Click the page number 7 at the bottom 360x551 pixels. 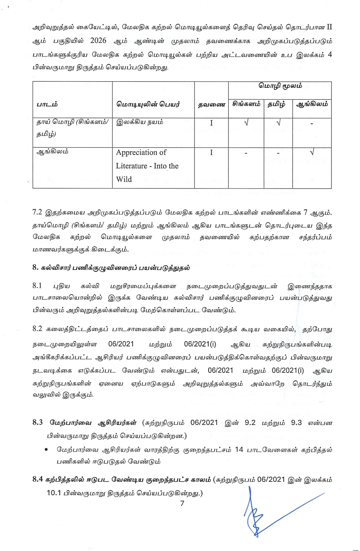point(182,503)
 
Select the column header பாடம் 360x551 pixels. point(47,104)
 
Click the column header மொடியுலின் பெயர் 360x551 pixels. point(148,104)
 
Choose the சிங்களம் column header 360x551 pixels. point(246,104)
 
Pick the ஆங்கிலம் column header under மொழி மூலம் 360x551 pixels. point(312,104)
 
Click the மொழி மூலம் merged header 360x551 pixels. point(280,86)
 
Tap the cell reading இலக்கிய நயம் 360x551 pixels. point(140,122)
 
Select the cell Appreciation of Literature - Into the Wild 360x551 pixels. point(147,166)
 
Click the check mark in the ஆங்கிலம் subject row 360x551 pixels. point(312,152)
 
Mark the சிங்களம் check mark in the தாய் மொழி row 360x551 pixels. point(246,122)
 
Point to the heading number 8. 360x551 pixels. point(35,267)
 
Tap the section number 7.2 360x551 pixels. point(37,212)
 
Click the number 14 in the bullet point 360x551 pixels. point(239,449)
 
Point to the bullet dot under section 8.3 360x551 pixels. point(46,449)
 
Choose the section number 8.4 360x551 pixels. point(37,479)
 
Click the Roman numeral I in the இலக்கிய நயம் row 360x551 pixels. point(211,123)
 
